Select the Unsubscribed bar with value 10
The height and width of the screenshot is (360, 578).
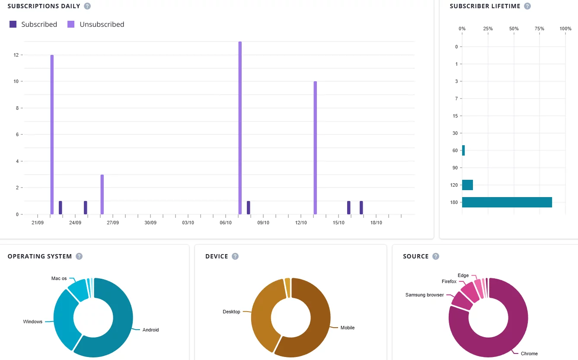click(315, 147)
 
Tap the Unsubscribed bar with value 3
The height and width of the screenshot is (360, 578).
click(102, 194)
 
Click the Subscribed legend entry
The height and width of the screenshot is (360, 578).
click(34, 25)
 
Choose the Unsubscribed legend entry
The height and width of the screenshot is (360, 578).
click(96, 25)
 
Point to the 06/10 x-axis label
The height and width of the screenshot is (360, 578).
click(226, 223)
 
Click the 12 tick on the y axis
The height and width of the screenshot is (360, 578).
click(16, 55)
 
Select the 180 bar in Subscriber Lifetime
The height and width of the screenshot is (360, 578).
click(507, 202)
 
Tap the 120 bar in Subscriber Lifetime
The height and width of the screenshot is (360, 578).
click(467, 185)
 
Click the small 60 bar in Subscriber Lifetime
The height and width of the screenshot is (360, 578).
click(463, 150)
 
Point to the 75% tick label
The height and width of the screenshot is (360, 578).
click(539, 29)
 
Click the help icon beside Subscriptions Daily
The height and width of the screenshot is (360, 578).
click(87, 6)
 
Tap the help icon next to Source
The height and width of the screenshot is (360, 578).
click(436, 256)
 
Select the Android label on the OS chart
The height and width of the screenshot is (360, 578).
click(151, 330)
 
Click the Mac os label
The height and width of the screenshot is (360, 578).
click(59, 279)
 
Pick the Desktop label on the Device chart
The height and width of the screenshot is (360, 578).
click(231, 312)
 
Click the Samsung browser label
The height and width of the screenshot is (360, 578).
click(424, 295)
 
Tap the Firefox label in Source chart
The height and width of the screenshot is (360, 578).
click(449, 281)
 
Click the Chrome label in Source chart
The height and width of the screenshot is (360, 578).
click(529, 354)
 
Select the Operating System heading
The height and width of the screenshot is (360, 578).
click(40, 256)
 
